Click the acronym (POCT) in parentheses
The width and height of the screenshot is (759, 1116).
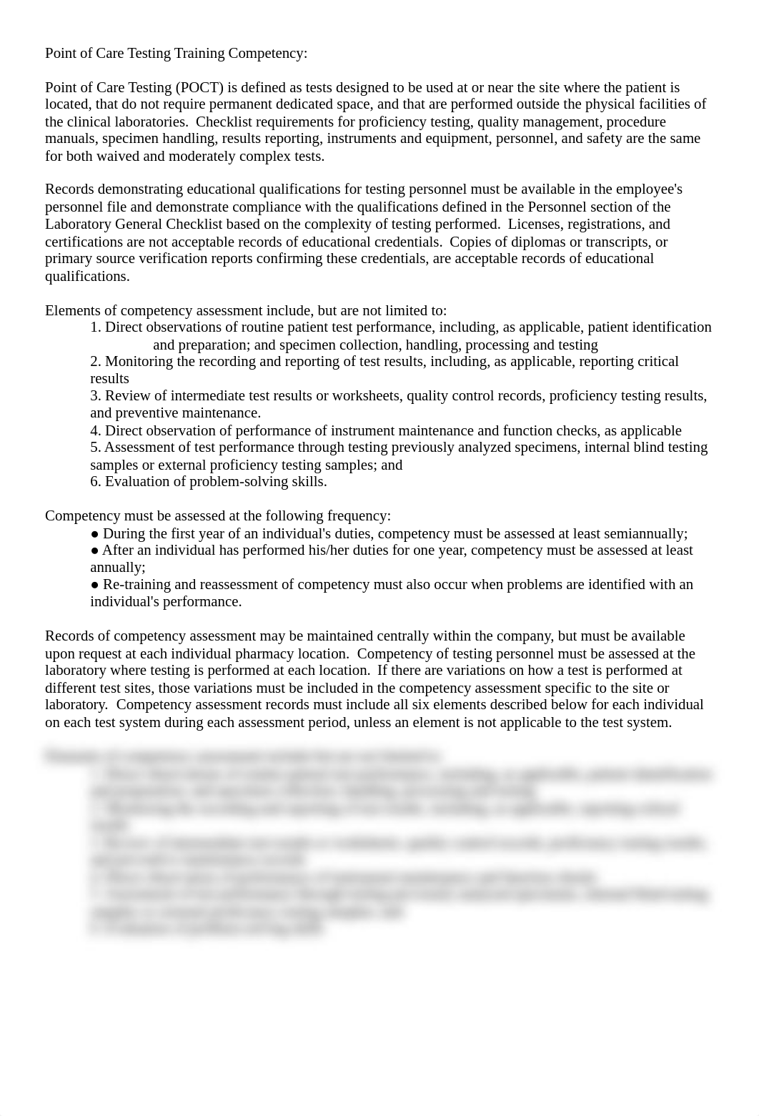pyautogui.click(x=199, y=88)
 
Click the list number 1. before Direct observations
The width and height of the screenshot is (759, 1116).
pyautogui.click(x=96, y=327)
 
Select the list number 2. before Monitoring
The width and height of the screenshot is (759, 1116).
pyautogui.click(x=96, y=362)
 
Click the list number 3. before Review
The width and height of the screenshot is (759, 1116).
pyautogui.click(x=96, y=396)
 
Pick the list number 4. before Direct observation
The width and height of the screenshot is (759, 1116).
pyautogui.click(x=96, y=431)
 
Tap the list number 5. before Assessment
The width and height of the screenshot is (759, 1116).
pyautogui.click(x=96, y=448)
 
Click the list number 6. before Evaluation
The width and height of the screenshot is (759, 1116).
pyautogui.click(x=96, y=482)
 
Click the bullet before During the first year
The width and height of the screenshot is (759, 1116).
pyautogui.click(x=95, y=534)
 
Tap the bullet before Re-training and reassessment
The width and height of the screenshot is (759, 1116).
pyautogui.click(x=95, y=585)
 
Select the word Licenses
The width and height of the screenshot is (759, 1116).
pyautogui.click(x=533, y=224)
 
